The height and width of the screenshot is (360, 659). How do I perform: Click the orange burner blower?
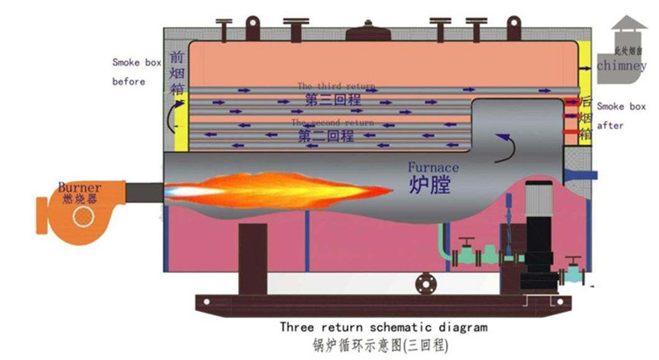coord(78,211)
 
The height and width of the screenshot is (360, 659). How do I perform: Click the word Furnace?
coord(433,167)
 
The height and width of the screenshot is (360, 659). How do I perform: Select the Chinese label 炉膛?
coord(429,185)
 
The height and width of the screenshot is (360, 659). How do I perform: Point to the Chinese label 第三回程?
coord(333,99)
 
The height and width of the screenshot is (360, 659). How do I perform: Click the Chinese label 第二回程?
coord(326,136)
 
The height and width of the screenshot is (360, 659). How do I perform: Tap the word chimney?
coord(621,65)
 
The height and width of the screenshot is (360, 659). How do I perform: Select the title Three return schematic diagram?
coord(383,326)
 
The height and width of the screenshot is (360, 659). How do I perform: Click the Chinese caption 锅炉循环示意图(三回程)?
coord(380,344)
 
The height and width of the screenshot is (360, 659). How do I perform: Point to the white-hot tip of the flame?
coord(180,190)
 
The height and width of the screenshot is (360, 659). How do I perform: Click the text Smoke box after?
coord(621,116)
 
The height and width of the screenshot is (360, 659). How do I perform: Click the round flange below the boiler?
coord(426,283)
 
